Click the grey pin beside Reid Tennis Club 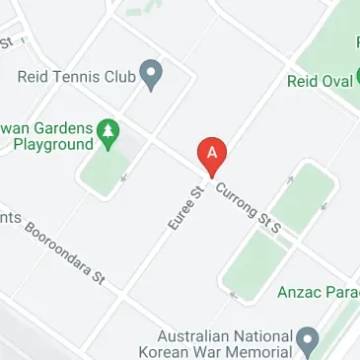[151, 73]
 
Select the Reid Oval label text [319, 81]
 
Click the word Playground [46, 144]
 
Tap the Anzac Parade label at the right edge [319, 291]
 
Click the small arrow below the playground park [124, 179]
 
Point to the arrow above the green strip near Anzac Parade [290, 179]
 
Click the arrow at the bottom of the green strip [233, 294]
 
